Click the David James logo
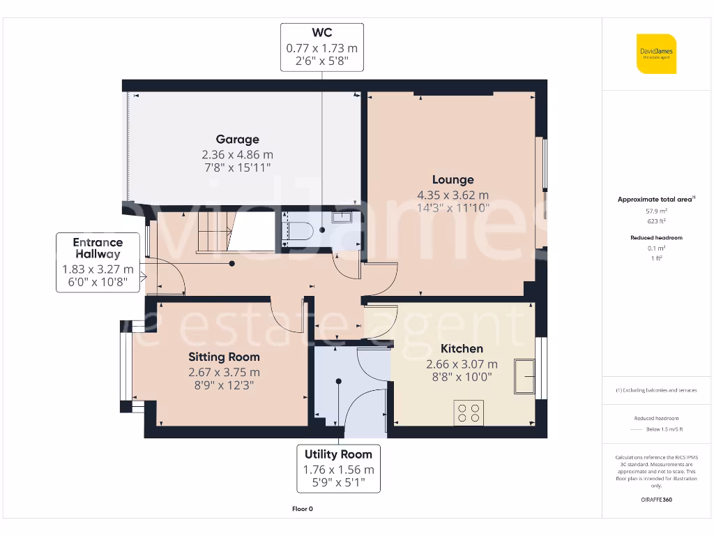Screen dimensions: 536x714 pyautogui.click(x=656, y=54)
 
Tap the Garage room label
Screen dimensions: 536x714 pyautogui.click(x=237, y=140)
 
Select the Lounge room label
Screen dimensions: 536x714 pyautogui.click(x=453, y=180)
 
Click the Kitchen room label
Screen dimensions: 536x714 pyautogui.click(x=462, y=349)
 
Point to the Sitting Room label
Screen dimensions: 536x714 pyautogui.click(x=224, y=357)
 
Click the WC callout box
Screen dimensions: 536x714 pyautogui.click(x=322, y=47)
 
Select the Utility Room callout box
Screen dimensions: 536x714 pyautogui.click(x=338, y=468)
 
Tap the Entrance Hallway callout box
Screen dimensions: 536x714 pyautogui.click(x=98, y=262)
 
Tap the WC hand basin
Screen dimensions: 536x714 pyautogui.click(x=342, y=217)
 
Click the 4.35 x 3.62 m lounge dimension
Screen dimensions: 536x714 pyautogui.click(x=453, y=195)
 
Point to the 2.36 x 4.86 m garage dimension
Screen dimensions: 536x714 pyautogui.click(x=237, y=154)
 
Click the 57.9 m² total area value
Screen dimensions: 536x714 pyautogui.click(x=656, y=210)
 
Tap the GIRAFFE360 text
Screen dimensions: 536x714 pyautogui.click(x=656, y=500)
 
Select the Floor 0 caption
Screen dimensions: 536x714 pyautogui.click(x=302, y=509)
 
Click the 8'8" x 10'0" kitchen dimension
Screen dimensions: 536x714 pyautogui.click(x=462, y=377)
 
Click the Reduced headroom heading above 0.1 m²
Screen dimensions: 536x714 pyautogui.click(x=656, y=238)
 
